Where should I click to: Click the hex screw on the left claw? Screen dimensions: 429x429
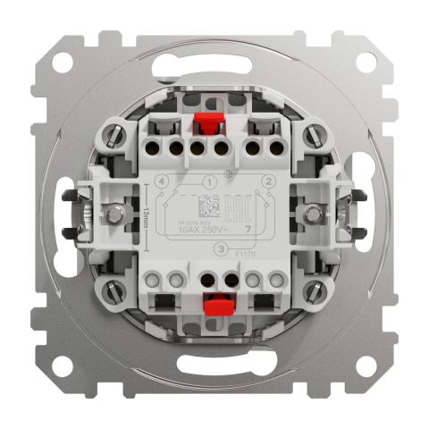(115, 214)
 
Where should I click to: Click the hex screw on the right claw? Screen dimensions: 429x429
(314, 214)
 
